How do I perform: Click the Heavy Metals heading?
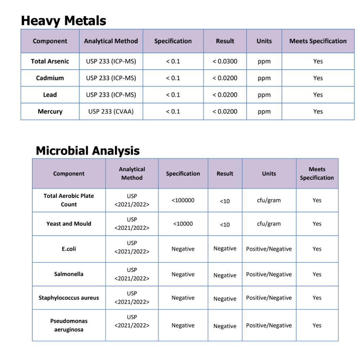(x=63, y=21)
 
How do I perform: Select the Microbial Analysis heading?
(x=87, y=150)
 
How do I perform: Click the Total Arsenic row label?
(x=50, y=61)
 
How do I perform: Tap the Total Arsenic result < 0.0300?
(x=225, y=61)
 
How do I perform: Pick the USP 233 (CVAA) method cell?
(x=111, y=112)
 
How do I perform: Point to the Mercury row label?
(x=50, y=112)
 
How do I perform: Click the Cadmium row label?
(x=50, y=78)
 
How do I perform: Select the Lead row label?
(x=50, y=95)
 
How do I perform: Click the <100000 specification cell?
(x=183, y=200)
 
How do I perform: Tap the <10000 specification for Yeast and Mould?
(x=183, y=224)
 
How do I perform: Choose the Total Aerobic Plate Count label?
(x=69, y=200)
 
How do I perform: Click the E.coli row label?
(x=69, y=249)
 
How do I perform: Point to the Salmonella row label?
(x=69, y=274)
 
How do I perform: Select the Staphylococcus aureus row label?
(x=69, y=298)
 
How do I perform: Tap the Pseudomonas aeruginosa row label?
(x=69, y=325)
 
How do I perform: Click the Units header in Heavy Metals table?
(x=264, y=41)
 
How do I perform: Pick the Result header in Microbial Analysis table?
(x=225, y=174)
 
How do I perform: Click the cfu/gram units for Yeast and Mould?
(x=269, y=224)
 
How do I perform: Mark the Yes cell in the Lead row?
(x=318, y=95)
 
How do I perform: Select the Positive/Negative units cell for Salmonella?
(x=269, y=274)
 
